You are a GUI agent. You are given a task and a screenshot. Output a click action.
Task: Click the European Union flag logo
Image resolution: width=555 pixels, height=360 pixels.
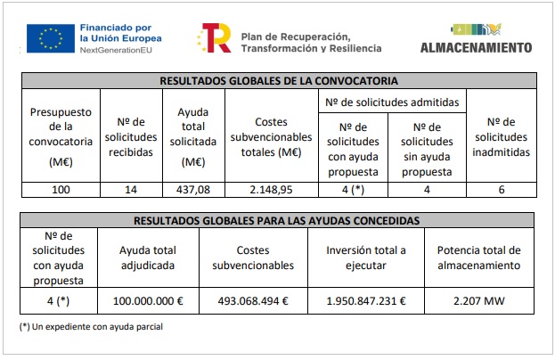tap(49, 39)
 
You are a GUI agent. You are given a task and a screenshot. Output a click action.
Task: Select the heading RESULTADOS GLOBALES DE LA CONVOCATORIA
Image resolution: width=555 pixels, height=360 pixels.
tap(279, 81)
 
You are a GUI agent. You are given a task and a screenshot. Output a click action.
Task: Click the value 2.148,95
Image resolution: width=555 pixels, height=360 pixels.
tap(271, 189)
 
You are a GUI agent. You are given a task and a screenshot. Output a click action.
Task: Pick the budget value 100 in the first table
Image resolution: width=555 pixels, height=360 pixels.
tap(61, 189)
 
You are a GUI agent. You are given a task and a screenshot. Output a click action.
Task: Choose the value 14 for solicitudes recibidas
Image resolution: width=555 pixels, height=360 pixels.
tap(131, 189)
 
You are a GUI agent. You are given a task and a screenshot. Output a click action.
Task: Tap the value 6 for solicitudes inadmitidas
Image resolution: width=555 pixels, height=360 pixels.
tap(502, 189)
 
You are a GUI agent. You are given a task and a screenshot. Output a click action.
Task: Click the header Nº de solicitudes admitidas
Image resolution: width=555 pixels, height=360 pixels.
tap(392, 102)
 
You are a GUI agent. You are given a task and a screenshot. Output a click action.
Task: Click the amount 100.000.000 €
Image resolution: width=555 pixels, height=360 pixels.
tap(148, 301)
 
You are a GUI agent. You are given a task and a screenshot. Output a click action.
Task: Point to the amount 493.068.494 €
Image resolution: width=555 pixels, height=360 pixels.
tap(253, 301)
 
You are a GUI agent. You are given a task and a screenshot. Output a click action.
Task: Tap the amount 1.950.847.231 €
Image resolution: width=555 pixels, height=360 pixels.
tap(365, 301)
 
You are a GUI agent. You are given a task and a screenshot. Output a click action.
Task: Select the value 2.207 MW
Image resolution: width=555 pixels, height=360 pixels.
tap(479, 301)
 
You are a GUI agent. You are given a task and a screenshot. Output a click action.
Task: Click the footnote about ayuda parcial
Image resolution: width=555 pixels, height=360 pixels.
tap(91, 326)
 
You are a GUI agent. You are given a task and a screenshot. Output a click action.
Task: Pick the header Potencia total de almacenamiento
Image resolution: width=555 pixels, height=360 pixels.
tap(479, 258)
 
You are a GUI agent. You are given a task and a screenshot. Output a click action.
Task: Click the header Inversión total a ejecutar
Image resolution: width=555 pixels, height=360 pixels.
tap(365, 258)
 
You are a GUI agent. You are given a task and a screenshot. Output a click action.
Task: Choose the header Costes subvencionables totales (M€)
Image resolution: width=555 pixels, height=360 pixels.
tap(271, 137)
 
